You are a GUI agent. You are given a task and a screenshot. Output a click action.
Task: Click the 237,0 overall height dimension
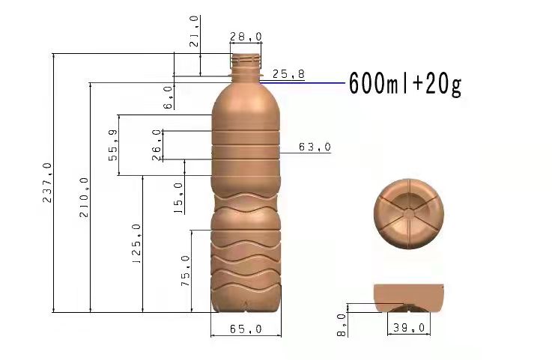[47, 184]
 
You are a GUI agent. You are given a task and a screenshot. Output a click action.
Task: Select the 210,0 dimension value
[84, 198]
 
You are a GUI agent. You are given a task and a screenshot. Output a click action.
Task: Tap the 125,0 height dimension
[136, 244]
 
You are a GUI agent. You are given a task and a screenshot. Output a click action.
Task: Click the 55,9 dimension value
[113, 145]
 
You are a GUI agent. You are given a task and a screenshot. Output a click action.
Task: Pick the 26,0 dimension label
[157, 144]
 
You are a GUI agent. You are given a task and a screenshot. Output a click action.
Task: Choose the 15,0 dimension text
[178, 198]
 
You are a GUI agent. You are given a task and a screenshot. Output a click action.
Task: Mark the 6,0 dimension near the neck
[169, 97]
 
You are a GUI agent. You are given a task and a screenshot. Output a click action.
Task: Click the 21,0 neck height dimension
[195, 31]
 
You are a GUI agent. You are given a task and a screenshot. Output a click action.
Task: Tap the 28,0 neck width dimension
[246, 37]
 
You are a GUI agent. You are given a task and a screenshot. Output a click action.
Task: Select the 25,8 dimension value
[288, 74]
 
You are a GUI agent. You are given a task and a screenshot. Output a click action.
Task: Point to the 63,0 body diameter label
[315, 147]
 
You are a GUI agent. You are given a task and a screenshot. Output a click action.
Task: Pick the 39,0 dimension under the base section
[409, 328]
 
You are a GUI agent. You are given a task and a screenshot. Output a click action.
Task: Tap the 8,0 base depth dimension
[342, 325]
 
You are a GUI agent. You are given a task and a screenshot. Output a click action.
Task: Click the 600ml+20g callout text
[405, 84]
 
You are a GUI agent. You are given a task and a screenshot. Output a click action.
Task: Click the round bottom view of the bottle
[410, 215]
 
